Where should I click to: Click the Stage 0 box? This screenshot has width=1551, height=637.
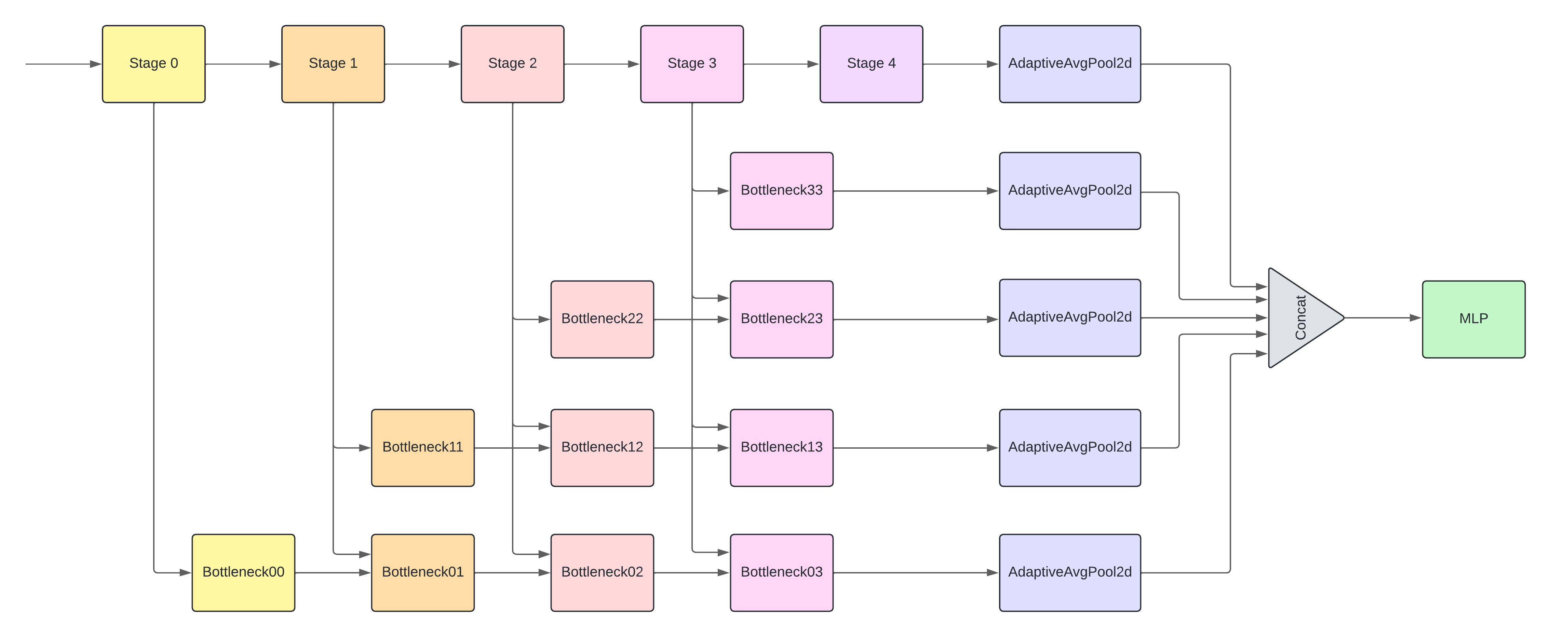pos(153,64)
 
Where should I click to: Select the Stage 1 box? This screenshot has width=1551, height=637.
pos(333,64)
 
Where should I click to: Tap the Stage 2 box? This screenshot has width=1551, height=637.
pos(512,64)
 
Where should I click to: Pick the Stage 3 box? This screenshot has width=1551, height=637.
pos(692,64)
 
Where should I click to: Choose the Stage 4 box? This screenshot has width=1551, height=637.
pos(871,64)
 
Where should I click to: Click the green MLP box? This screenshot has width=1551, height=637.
pos(1473,319)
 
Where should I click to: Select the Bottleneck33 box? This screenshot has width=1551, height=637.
pos(782,191)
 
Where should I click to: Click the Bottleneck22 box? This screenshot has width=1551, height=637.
pos(602,319)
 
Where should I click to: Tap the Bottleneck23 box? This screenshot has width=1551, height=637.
pos(782,319)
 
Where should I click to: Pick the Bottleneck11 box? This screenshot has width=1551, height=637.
pos(423,447)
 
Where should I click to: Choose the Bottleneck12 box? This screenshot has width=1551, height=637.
pos(602,447)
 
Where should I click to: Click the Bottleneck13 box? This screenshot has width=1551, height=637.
pos(782,447)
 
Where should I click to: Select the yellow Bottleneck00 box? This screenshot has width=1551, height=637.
pos(243,572)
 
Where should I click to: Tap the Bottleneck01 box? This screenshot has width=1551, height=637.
pos(423,572)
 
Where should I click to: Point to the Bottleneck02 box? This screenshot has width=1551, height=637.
pos(602,572)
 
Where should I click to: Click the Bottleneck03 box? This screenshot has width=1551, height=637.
pos(782,572)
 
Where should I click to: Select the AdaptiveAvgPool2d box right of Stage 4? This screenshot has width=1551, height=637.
pos(1070,64)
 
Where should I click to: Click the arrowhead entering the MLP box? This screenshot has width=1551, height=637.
pos(1416,318)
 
